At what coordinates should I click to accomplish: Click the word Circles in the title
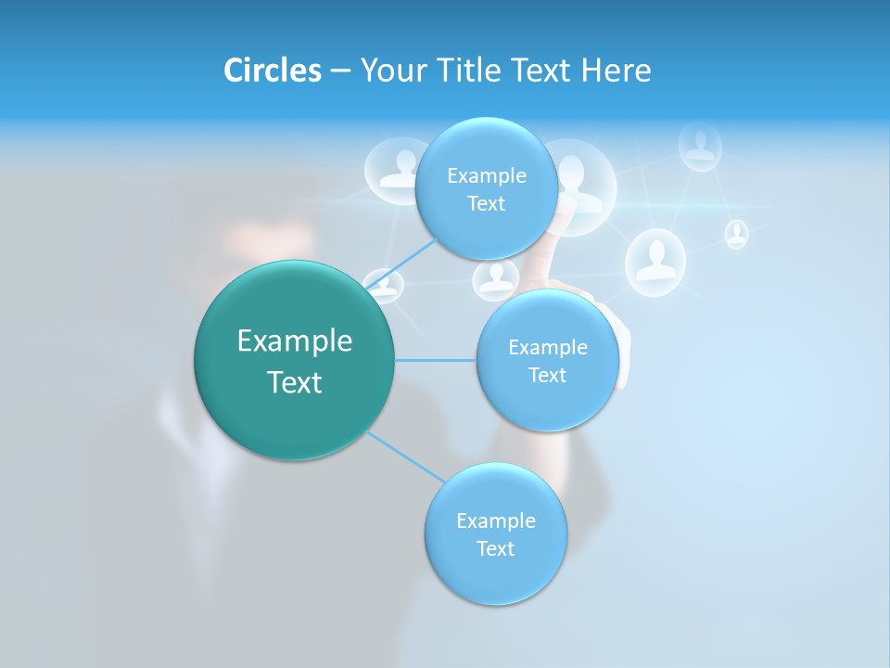272,71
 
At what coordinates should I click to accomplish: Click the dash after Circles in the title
340,71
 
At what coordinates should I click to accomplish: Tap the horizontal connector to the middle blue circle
435,360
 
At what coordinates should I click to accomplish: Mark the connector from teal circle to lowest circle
406,456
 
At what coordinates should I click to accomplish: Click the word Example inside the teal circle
295,341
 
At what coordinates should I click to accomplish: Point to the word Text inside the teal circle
295,382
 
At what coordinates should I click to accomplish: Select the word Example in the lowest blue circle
495,520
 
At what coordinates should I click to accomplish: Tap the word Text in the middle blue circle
547,375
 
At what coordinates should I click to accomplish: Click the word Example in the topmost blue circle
486,176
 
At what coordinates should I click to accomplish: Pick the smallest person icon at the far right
736,234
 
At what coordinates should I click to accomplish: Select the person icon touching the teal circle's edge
382,286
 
